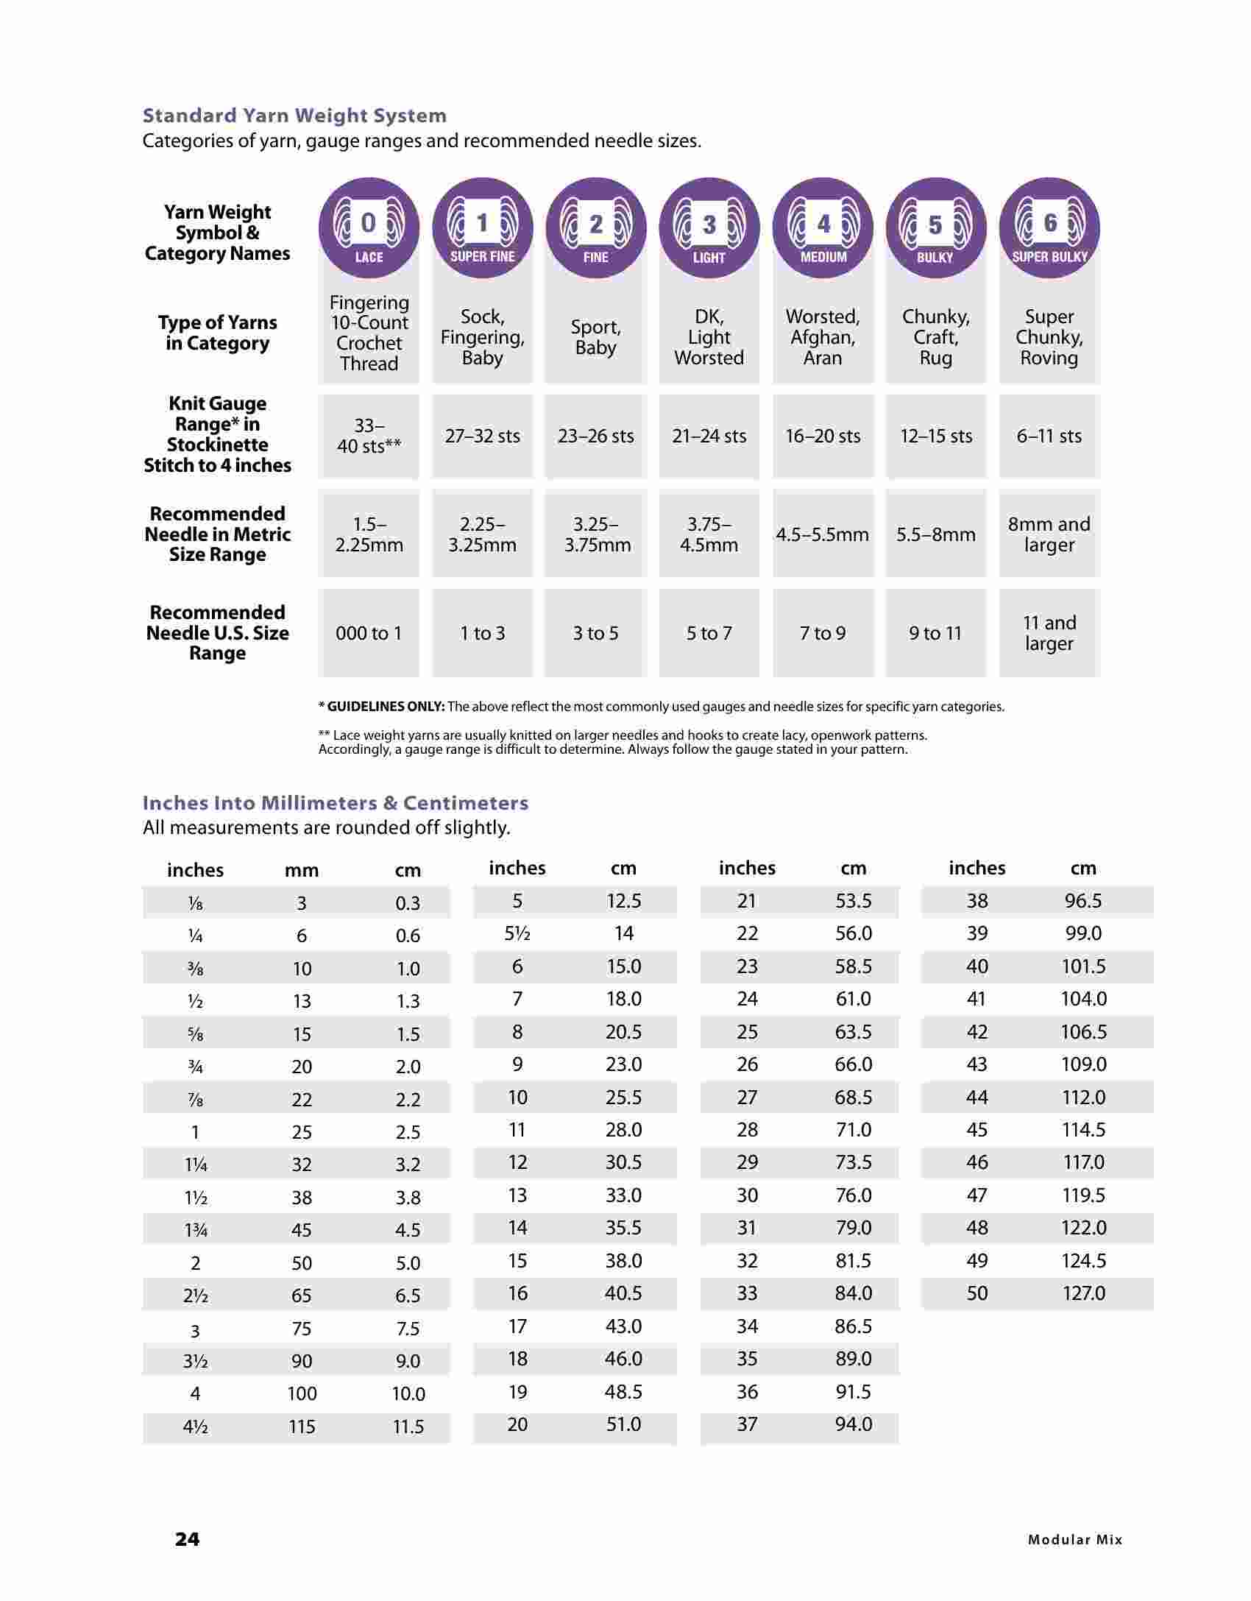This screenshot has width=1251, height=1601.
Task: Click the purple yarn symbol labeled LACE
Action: pos(369,228)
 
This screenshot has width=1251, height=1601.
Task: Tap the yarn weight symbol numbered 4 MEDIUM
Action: pos(823,228)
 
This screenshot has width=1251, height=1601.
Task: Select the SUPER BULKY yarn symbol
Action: pos(1049,228)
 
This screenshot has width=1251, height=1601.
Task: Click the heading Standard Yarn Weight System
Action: pos(294,116)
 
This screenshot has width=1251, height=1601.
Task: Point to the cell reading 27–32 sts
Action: pos(482,436)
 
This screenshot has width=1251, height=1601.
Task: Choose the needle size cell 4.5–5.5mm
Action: pos(822,534)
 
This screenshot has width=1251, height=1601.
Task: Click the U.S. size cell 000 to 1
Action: pos(369,633)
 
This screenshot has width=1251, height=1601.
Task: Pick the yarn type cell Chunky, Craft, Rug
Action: pos(936,337)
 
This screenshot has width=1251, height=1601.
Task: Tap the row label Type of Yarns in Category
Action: pos(217,333)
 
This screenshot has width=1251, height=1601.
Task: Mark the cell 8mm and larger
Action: pos(1049,534)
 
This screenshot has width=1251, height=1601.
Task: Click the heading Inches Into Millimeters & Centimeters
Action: pos(336,802)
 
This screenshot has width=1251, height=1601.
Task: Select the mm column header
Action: pos(302,871)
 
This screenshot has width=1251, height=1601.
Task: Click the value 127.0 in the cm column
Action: pos(1083,1293)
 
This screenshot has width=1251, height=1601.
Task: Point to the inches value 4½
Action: pos(195,1427)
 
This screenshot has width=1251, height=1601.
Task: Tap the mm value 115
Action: pos(302,1427)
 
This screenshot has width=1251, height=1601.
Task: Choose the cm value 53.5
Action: pos(854,900)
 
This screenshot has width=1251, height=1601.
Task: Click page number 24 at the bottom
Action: pos(187,1538)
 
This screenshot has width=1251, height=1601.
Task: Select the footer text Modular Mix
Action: pos(1075,1539)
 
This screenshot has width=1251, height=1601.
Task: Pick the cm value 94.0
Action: pos(854,1424)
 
